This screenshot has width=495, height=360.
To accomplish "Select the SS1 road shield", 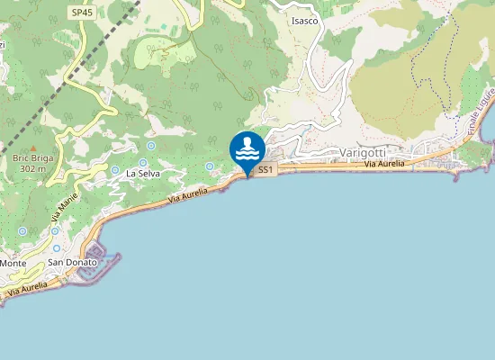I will tap(265, 169).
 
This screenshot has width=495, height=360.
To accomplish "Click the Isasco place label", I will tap(304, 21).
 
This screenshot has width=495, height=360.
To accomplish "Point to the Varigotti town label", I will tap(364, 153).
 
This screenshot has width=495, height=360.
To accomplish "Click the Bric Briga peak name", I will tap(33, 157).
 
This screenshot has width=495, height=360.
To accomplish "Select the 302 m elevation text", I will tap(32, 168).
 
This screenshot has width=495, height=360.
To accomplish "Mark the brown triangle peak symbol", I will tap(33, 147).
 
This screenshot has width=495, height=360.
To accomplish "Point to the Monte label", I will tap(13, 263).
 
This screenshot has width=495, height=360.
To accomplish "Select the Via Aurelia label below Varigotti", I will tap(384, 165).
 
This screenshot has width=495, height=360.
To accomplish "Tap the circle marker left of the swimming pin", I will tap(210, 166).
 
